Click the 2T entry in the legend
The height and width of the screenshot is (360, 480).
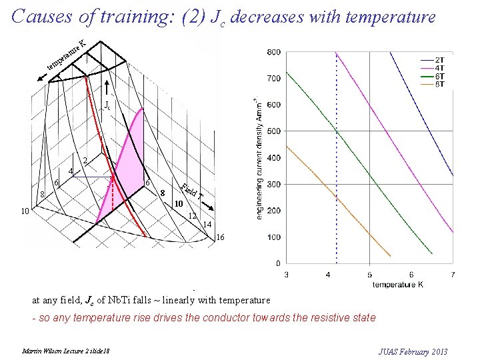coord(440,60)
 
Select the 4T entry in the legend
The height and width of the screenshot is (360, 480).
coord(440,68)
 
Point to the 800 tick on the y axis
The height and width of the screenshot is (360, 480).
coord(273,52)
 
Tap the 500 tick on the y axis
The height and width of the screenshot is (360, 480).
coord(273,131)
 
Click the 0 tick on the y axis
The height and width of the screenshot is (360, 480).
coord(277,264)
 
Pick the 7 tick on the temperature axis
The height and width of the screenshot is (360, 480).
coord(453,275)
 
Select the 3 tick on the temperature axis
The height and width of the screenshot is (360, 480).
coord(287,275)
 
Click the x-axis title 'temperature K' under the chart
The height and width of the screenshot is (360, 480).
coord(397,285)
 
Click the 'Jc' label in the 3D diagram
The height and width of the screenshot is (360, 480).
coord(107,105)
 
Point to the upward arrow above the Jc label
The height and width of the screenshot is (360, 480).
coord(107,89)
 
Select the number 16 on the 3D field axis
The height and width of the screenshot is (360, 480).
coord(221,237)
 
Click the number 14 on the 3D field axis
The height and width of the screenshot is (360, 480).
coord(207,225)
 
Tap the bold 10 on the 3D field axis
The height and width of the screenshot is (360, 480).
coord(179,203)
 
